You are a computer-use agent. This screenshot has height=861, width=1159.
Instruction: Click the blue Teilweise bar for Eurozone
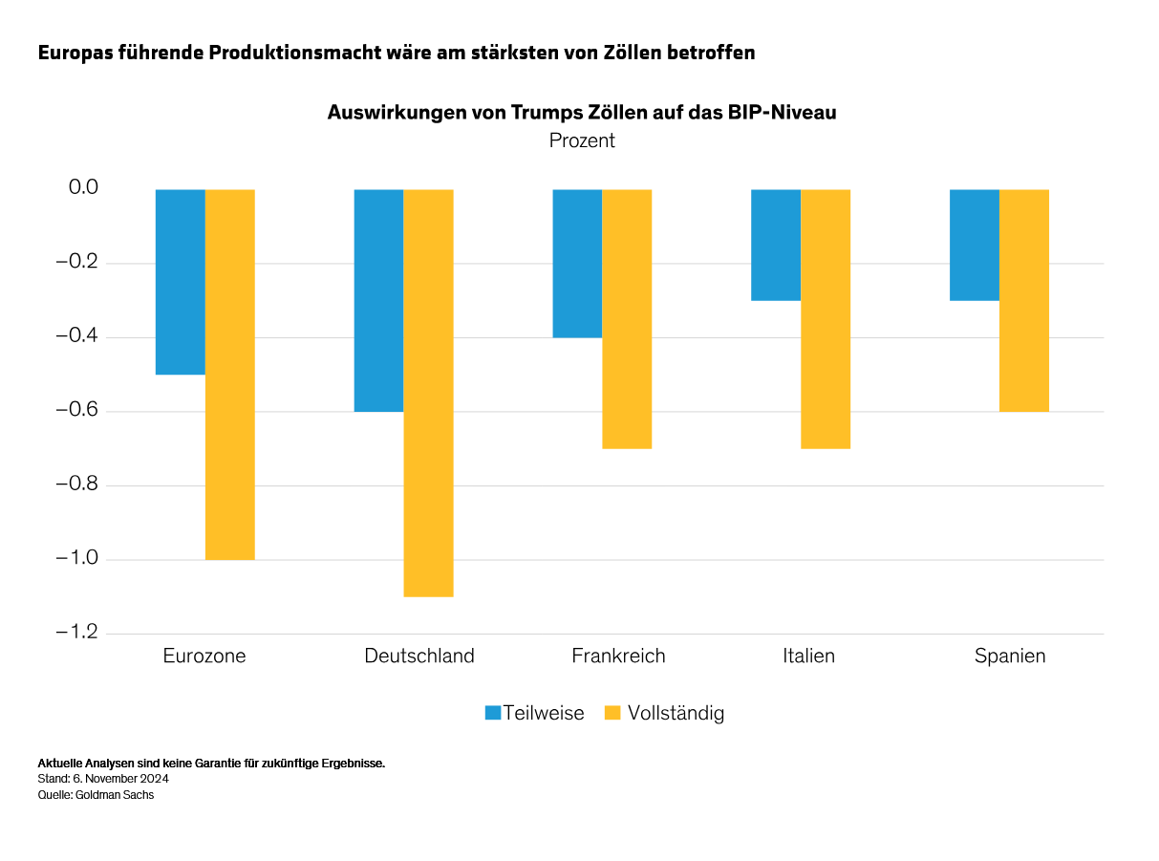click(181, 282)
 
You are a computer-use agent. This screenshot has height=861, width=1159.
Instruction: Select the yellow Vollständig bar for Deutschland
click(428, 393)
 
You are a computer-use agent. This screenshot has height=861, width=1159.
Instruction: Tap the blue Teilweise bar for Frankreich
click(577, 264)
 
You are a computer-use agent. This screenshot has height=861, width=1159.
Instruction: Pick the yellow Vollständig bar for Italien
click(826, 319)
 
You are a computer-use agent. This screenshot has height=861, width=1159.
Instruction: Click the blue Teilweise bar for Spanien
click(974, 245)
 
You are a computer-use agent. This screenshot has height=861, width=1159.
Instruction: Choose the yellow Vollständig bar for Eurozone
click(230, 375)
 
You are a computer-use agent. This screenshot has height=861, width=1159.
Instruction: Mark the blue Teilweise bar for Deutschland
click(378, 300)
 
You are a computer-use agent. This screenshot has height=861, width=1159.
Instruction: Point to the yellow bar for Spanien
click(1024, 300)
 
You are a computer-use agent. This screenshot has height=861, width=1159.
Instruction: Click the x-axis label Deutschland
click(419, 657)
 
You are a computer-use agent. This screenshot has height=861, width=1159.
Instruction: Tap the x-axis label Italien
click(808, 657)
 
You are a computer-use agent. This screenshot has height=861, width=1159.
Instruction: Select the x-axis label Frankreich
click(618, 657)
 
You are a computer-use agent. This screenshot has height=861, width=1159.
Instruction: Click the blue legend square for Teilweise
click(493, 713)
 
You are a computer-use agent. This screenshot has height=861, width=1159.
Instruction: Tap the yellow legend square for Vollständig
click(613, 713)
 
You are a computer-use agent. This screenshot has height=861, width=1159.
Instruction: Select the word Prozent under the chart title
click(582, 140)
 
